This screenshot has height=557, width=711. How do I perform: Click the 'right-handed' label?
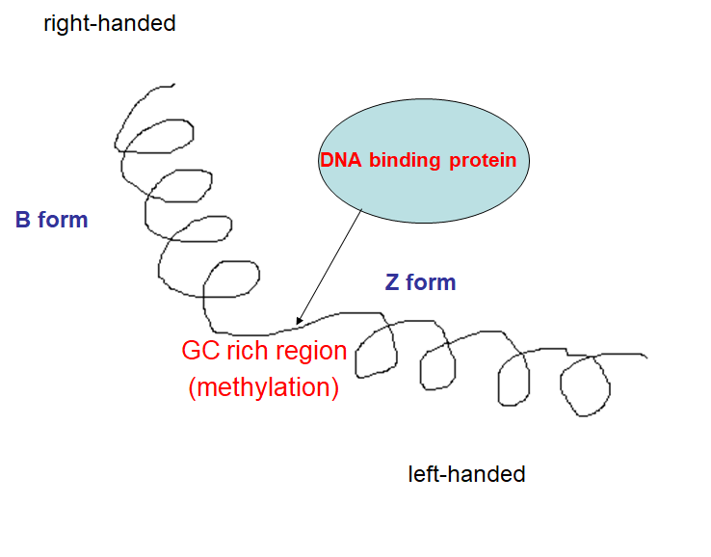click(110, 23)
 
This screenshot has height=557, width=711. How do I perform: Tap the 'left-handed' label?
click(466, 474)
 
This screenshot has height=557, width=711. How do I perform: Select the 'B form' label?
click(51, 220)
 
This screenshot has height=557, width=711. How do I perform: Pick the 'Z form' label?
click(420, 282)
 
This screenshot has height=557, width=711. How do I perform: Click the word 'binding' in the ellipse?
click(406, 161)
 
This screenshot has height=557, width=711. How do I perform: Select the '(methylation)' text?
click(264, 387)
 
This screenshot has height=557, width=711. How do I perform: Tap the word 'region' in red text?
click(307, 350)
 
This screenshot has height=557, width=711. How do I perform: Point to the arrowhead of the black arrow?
click(299, 322)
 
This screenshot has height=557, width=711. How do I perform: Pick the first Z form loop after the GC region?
click(377, 352)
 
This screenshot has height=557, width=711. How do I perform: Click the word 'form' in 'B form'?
click(65, 220)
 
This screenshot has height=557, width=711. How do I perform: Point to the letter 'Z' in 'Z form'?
click(392, 282)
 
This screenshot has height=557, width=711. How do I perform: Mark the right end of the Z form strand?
click(645, 358)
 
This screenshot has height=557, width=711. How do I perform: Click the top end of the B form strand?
click(172, 85)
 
